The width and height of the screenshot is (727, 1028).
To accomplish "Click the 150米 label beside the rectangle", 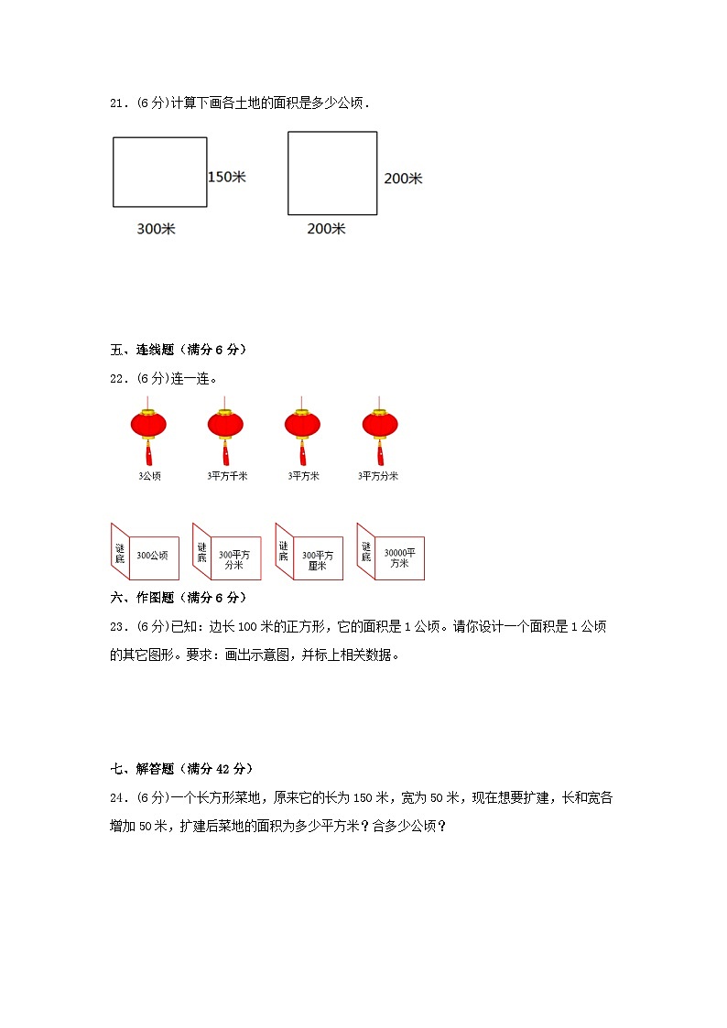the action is [226, 177].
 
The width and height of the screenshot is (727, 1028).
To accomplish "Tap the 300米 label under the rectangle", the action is [156, 229].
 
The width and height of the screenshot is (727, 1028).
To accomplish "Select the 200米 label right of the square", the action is [403, 179].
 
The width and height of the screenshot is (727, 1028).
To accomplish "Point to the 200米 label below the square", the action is [326, 229].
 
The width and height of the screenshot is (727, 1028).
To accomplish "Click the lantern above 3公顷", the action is [149, 426].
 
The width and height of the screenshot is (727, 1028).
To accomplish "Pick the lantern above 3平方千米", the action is [225, 426].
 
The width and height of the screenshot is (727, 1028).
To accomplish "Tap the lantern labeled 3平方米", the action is [303, 426].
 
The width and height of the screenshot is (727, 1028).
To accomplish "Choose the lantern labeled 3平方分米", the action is [380, 426].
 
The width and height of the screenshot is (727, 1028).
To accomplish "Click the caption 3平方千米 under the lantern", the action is [227, 476].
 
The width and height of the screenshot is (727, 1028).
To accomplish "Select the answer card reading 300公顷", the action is [152, 555].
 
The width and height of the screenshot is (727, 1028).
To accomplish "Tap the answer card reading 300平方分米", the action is [234, 559].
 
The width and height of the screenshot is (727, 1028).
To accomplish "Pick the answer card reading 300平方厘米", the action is [317, 559].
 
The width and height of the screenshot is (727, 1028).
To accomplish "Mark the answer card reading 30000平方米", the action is [398, 558].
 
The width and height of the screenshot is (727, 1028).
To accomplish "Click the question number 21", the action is [117, 103].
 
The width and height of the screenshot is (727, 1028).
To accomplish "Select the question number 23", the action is [117, 627].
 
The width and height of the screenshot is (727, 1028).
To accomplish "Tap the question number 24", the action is [117, 797].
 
